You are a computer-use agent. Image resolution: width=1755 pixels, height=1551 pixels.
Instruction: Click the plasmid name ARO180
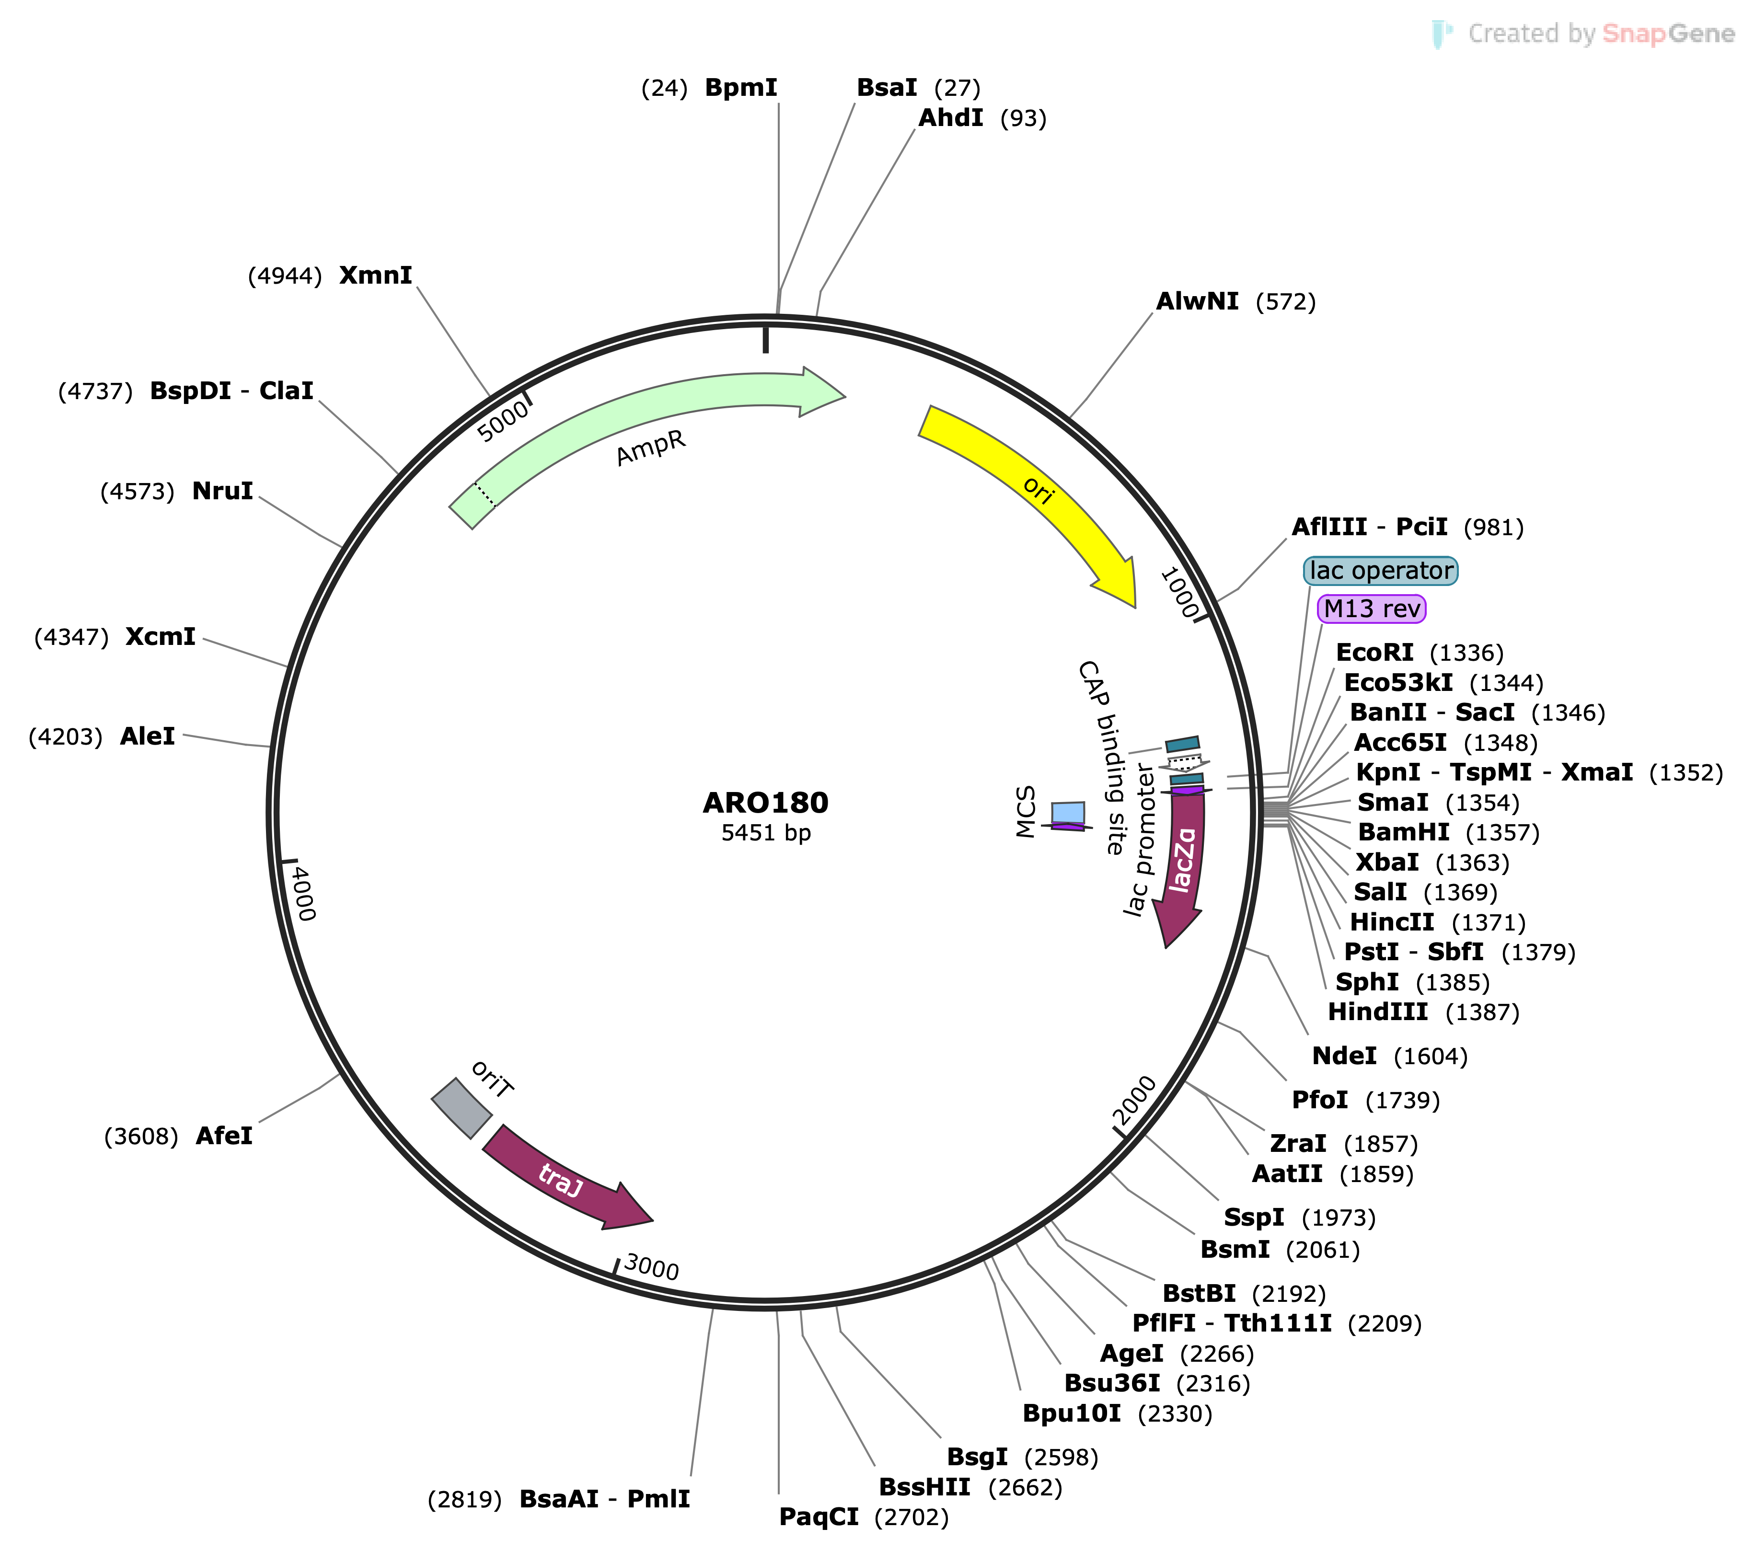click(765, 803)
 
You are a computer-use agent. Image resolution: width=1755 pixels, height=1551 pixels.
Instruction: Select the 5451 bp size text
click(765, 833)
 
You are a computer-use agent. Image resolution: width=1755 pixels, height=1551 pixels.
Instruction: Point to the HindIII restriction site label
click(1377, 1012)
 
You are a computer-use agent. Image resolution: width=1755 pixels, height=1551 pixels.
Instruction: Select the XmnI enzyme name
click(375, 276)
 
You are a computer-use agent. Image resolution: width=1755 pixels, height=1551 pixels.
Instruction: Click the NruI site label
click(222, 491)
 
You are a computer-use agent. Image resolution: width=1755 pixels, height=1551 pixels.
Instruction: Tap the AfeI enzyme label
click(224, 1136)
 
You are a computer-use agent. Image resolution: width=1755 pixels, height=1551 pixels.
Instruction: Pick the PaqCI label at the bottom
click(818, 1517)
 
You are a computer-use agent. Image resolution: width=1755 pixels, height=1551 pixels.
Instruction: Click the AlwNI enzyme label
click(1197, 301)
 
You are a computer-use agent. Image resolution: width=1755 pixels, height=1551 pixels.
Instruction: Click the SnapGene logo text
click(1601, 34)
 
